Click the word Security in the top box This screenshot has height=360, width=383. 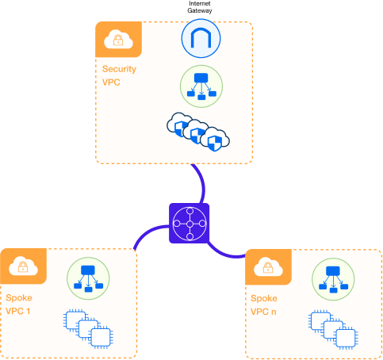(118, 69)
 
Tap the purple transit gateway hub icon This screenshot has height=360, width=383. (190, 224)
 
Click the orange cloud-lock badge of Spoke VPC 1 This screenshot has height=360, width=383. (21, 267)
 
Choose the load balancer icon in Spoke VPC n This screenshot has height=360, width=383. (328, 277)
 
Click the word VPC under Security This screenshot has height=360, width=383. (111, 82)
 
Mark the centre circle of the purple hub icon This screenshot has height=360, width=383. (190, 224)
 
